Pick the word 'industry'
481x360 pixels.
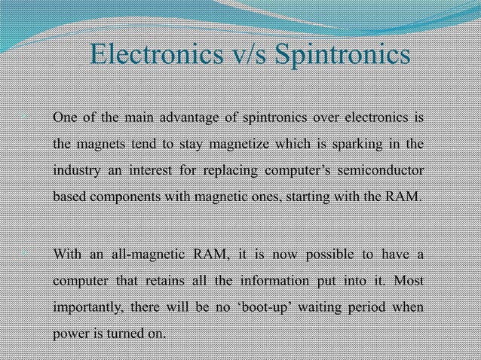[75, 170]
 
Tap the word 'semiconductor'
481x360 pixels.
[380, 170]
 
